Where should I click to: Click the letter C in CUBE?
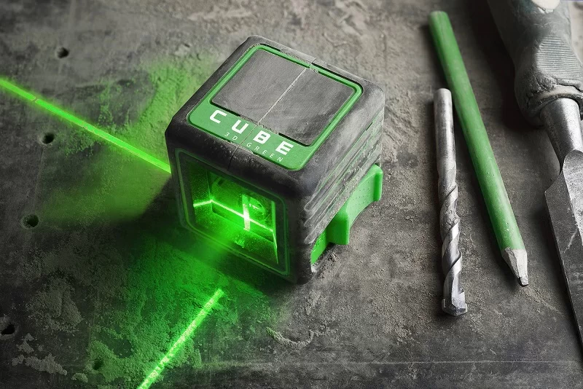(x=217, y=117)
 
